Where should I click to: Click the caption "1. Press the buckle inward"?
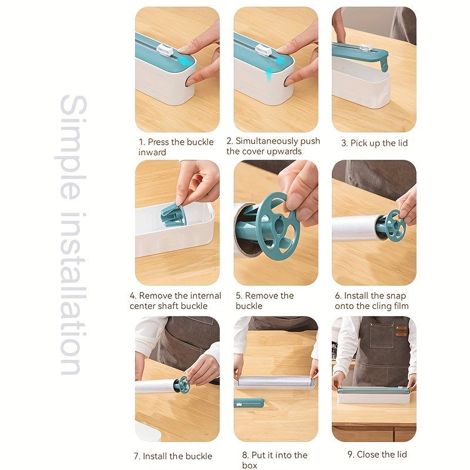pos(176,147)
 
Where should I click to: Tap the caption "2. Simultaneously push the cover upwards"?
pos(273,146)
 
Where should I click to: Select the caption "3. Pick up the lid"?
pos(374,143)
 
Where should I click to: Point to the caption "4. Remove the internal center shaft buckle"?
pos(176,301)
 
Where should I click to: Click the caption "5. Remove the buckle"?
pos(264,301)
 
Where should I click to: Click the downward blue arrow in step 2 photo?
pos(268,71)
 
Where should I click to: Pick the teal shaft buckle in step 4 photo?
pos(173,214)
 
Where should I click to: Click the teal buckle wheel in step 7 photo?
pos(182,385)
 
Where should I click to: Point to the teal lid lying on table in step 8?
pos(249,402)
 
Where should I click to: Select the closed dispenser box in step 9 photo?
pos(374,395)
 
